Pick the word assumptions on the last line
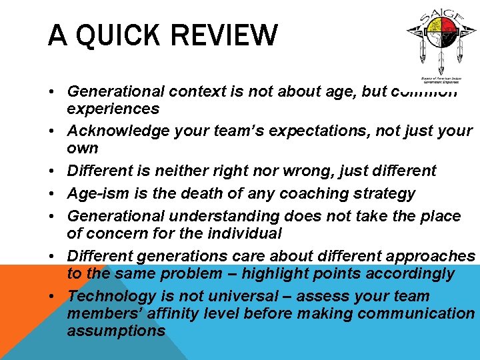point(116,331)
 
